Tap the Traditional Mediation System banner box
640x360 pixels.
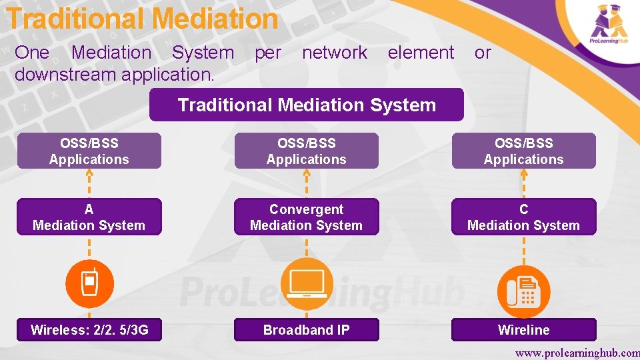(x=306, y=105)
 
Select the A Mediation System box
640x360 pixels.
(x=89, y=217)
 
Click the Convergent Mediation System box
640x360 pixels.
(x=306, y=217)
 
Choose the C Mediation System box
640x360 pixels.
(x=523, y=217)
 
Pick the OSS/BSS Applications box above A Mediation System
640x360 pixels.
(x=89, y=151)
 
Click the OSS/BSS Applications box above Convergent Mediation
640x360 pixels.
(x=306, y=151)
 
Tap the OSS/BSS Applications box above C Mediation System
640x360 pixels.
(x=523, y=151)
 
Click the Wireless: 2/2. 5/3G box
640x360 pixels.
(x=89, y=329)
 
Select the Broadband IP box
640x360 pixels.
(x=306, y=329)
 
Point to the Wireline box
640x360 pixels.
(x=523, y=329)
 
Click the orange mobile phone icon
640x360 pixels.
(x=89, y=283)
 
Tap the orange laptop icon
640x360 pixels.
(x=306, y=283)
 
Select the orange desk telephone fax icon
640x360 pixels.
(x=523, y=291)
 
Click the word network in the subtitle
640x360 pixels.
(x=335, y=53)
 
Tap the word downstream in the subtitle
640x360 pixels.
(x=63, y=74)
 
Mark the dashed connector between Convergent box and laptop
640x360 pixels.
(x=306, y=247)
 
